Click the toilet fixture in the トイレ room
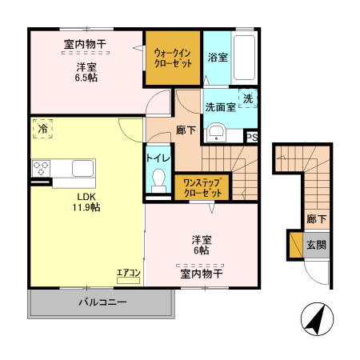tap(158, 180)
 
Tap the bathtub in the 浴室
tap(244, 58)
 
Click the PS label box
tap(252, 138)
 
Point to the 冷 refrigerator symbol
tap(42, 129)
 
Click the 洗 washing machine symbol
tap(248, 98)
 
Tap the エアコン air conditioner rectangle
tap(128, 280)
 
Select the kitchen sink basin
tap(83, 168)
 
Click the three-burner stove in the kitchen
tap(41, 168)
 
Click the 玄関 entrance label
tap(316, 245)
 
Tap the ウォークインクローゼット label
tap(173, 58)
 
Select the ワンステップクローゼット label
tap(202, 188)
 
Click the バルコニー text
tap(102, 302)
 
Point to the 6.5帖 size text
tap(86, 78)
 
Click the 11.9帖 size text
tap(86, 207)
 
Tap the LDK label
tap(86, 197)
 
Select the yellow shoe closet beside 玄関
tap(296, 245)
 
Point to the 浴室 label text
tap(218, 58)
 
